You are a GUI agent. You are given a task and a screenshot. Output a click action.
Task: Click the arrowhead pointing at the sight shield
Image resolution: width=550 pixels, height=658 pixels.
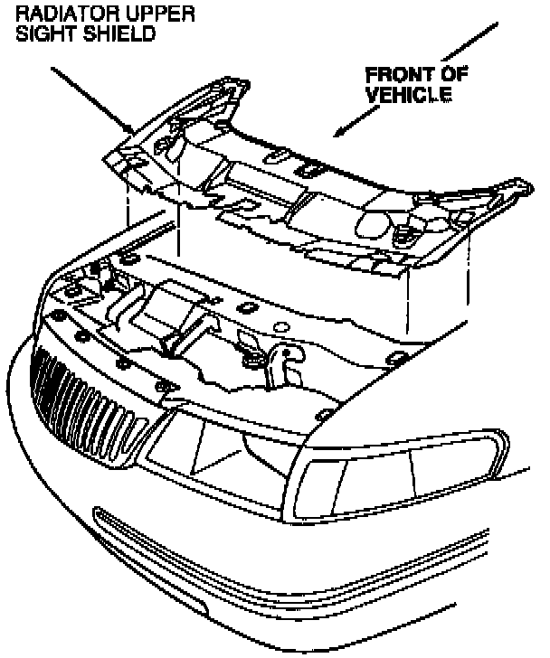(x=132, y=126)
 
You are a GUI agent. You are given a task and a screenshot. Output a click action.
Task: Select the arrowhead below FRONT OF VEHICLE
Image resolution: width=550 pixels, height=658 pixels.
(x=340, y=134)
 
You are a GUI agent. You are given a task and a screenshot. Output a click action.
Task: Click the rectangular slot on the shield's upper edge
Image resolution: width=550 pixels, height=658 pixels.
(x=308, y=167)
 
